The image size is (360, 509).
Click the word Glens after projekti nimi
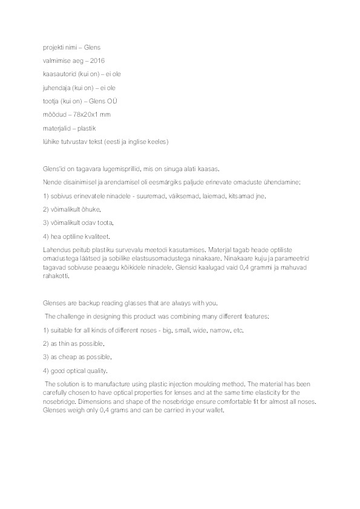(x=91, y=47)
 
